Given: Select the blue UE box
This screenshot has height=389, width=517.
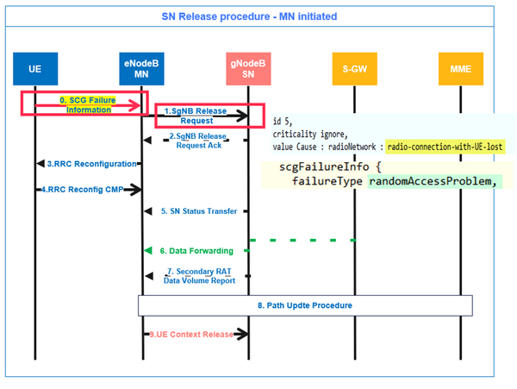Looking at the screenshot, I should (34, 68).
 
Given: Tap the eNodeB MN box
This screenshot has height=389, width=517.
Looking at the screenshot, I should (142, 68).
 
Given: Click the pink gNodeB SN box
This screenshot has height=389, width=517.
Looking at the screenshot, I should (249, 68).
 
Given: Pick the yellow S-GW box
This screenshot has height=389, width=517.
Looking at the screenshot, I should (355, 68).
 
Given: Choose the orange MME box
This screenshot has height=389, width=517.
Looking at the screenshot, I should (460, 68).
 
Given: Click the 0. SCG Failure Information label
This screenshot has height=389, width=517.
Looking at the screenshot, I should (85, 104).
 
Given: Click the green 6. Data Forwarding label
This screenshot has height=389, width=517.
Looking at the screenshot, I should (197, 250).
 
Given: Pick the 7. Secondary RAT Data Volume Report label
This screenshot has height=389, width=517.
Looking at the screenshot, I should (200, 276).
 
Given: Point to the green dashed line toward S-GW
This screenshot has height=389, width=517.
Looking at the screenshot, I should (302, 240).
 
